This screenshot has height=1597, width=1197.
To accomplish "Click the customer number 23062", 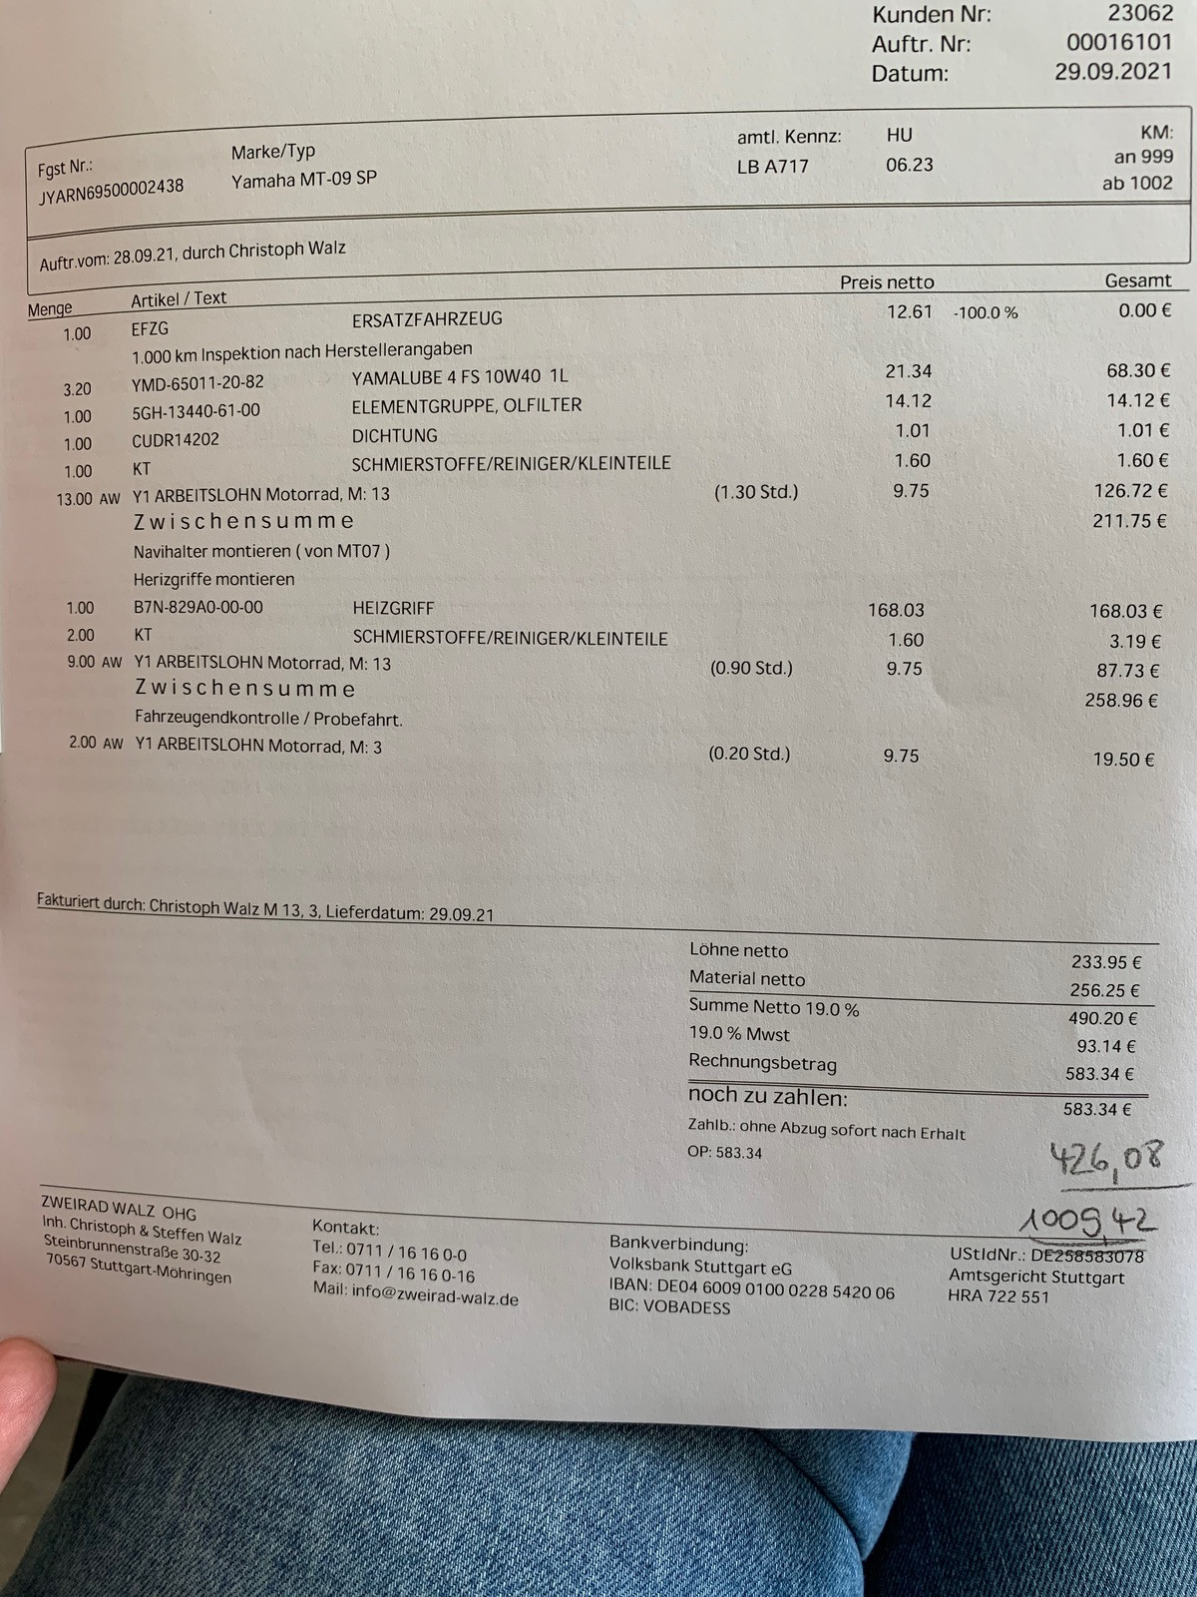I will [1140, 13].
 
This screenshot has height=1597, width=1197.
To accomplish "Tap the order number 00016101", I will [1119, 43].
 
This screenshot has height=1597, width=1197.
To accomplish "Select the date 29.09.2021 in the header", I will [1113, 72].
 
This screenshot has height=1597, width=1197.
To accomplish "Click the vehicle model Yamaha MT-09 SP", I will [304, 180].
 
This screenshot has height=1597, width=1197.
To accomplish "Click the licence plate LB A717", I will [773, 167].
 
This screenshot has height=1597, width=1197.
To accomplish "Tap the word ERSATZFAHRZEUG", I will [427, 319].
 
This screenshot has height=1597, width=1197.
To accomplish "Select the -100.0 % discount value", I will [986, 312].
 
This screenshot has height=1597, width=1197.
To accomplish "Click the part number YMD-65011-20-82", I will [198, 382].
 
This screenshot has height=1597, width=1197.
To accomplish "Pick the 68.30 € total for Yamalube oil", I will [1137, 370].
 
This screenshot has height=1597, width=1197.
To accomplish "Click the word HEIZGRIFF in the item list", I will [393, 608].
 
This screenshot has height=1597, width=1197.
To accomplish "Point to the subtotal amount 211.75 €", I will [1129, 521].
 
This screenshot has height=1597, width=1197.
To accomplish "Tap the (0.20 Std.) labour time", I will [749, 754].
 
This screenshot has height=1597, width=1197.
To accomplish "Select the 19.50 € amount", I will [1123, 760].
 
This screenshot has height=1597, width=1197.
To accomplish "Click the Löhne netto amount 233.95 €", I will [1106, 962].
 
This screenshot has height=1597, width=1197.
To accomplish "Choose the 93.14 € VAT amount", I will [1106, 1046].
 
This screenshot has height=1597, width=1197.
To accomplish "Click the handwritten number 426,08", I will [1106, 1158].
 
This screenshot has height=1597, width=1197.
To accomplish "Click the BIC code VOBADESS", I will [686, 1308].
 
